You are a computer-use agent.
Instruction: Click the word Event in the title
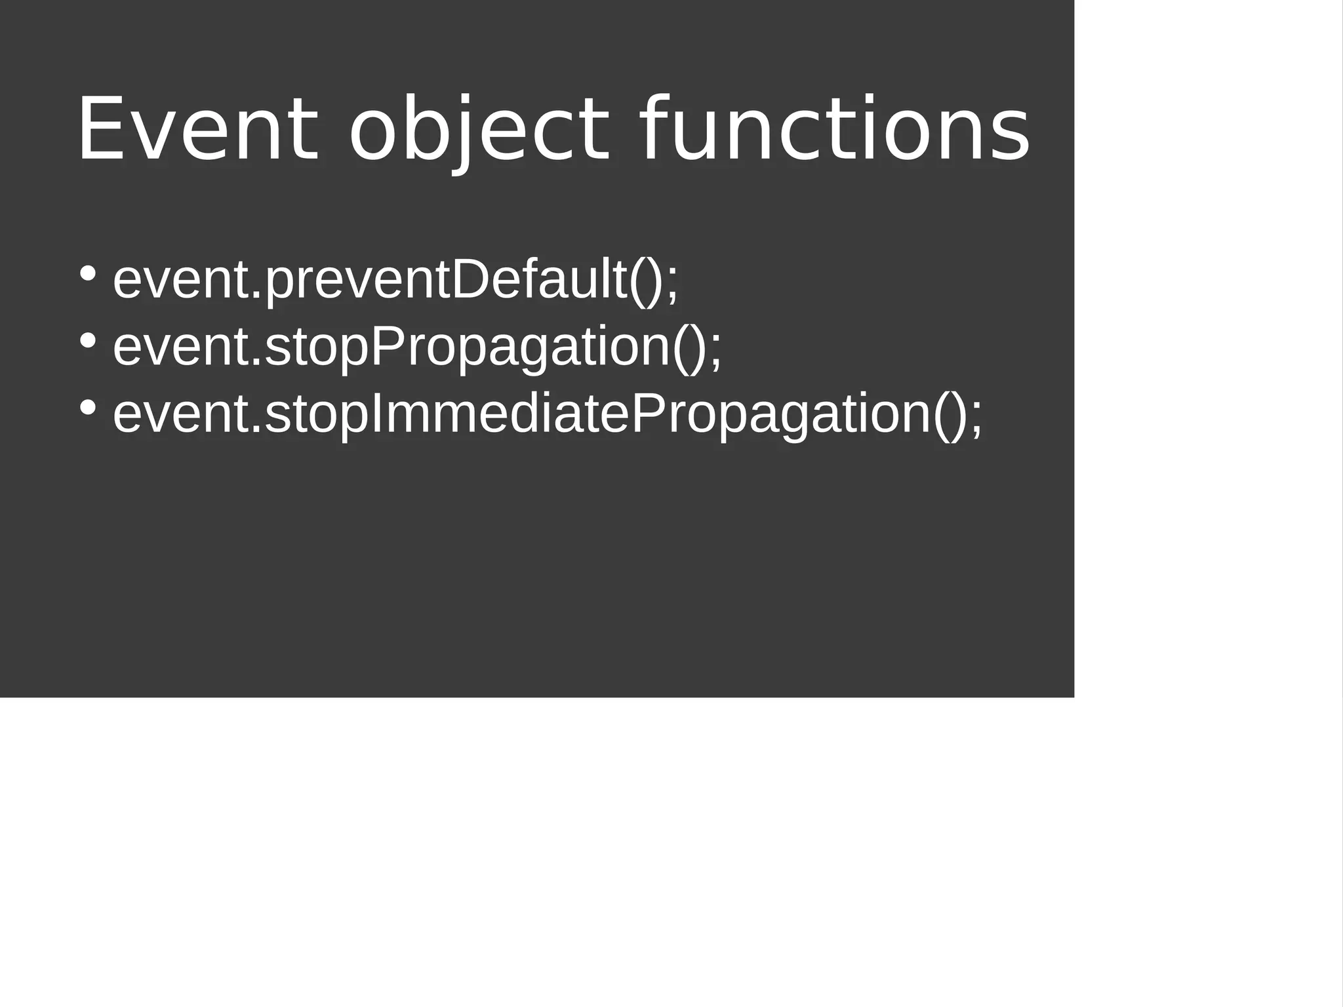click(x=197, y=129)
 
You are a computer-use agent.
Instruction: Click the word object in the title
click(x=479, y=129)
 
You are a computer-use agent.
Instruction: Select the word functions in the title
click(x=833, y=129)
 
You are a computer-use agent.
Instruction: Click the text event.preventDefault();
click(x=395, y=280)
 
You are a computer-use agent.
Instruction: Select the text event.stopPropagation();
click(x=417, y=347)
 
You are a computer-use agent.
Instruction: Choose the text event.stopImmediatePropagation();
click(x=548, y=415)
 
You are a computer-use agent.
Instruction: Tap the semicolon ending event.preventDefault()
click(x=672, y=284)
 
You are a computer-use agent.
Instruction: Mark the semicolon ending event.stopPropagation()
click(x=715, y=351)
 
